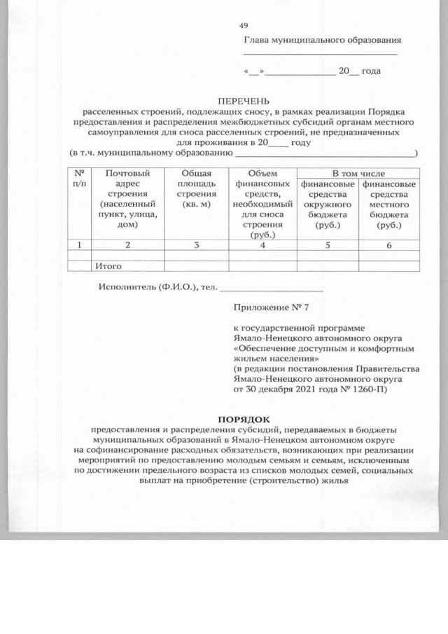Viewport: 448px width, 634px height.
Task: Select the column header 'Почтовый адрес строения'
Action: [127, 199]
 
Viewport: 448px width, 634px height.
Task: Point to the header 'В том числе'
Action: [358, 173]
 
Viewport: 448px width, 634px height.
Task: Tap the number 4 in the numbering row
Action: [262, 245]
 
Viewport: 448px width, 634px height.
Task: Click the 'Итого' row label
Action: [108, 266]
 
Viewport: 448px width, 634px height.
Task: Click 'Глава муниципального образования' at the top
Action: [322, 41]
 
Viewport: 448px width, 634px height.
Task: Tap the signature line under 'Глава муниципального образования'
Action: [320, 54]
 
